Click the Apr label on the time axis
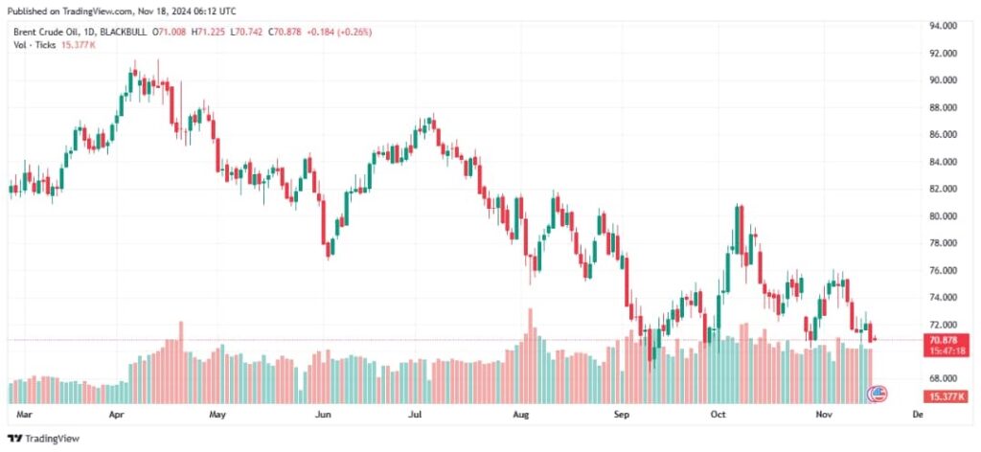pyautogui.click(x=118, y=416)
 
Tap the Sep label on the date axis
pyautogui.click(x=622, y=416)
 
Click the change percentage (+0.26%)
pyautogui.click(x=354, y=32)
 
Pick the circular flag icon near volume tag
pyautogui.click(x=877, y=394)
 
